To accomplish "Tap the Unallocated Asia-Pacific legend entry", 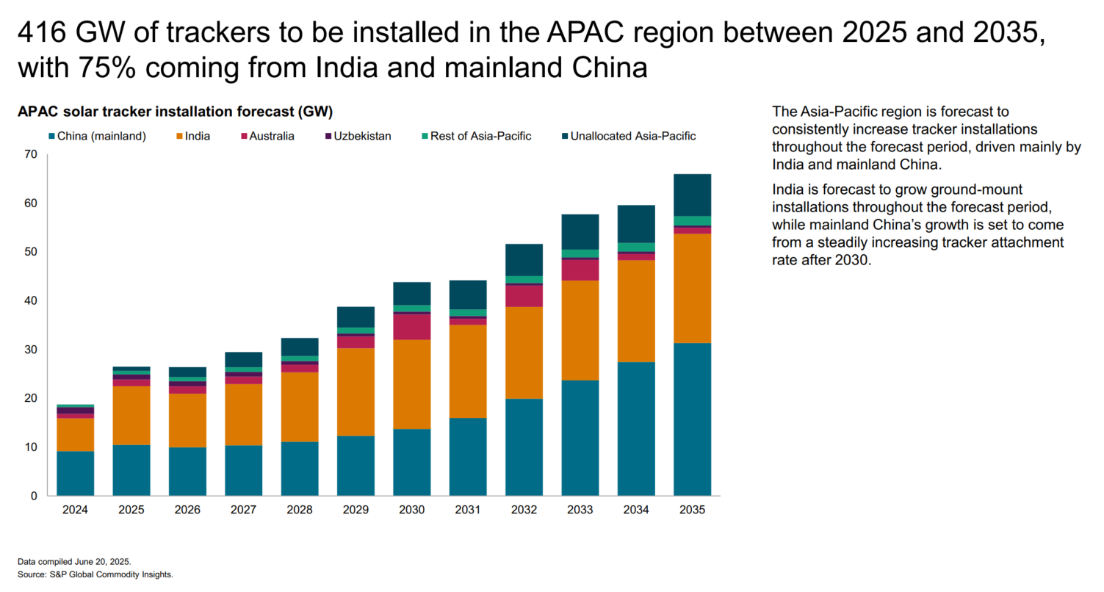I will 632,136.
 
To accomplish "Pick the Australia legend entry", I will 271,136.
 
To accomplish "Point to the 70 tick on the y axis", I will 30,154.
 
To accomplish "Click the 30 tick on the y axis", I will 30,350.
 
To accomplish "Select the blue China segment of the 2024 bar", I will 75,473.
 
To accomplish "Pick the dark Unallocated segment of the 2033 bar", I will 580,231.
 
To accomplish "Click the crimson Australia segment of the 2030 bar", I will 411,327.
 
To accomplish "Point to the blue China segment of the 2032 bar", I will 524,447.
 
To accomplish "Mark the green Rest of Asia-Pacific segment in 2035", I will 692,220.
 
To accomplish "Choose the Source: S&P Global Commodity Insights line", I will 95,574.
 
